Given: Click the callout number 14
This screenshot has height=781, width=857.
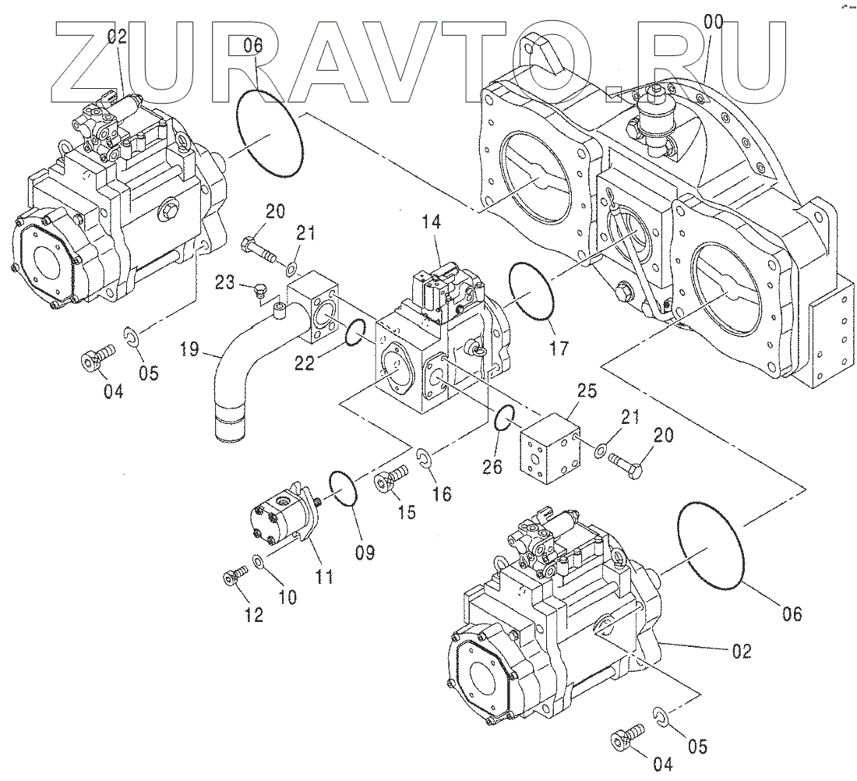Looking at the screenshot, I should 432,223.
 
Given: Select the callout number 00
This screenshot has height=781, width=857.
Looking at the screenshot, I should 712,22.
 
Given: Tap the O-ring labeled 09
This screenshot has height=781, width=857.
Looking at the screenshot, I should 342,489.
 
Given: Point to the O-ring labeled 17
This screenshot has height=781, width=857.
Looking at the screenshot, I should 531,289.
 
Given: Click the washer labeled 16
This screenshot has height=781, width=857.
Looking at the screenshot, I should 424,457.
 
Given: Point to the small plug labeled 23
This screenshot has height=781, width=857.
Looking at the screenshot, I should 260,292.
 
